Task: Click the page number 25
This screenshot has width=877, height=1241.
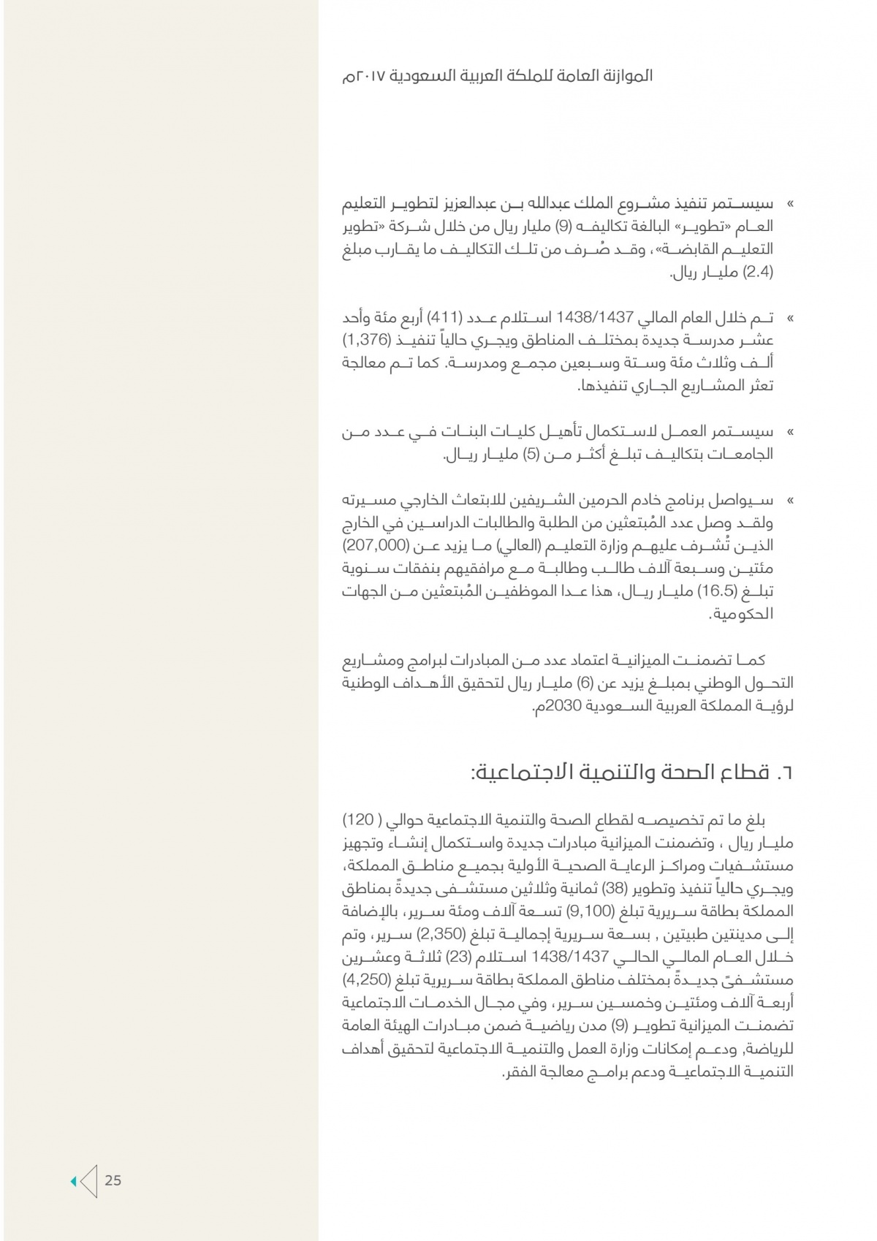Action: pos(113,1180)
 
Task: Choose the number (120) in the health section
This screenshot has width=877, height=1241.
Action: pos(365,818)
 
